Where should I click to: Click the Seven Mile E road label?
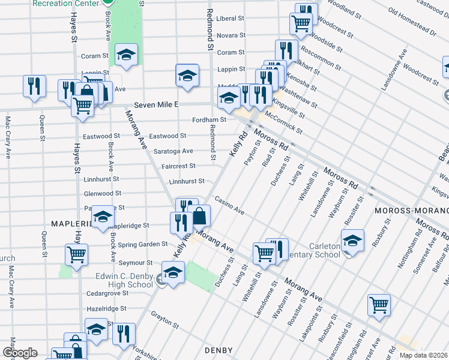[x=157, y=104]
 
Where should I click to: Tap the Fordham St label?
[x=209, y=119]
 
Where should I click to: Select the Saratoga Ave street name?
[x=173, y=151]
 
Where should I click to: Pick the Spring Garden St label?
[x=142, y=244]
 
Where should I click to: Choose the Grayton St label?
[x=165, y=320]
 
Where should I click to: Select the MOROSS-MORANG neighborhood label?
[x=411, y=211]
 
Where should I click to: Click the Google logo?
[x=19, y=353]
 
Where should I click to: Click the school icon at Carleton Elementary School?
[x=352, y=241]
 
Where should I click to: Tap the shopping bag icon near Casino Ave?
[x=200, y=215]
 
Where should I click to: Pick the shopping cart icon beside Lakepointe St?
[x=379, y=305]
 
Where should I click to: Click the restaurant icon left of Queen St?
[x=34, y=85]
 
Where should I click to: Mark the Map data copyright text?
[x=424, y=355]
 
